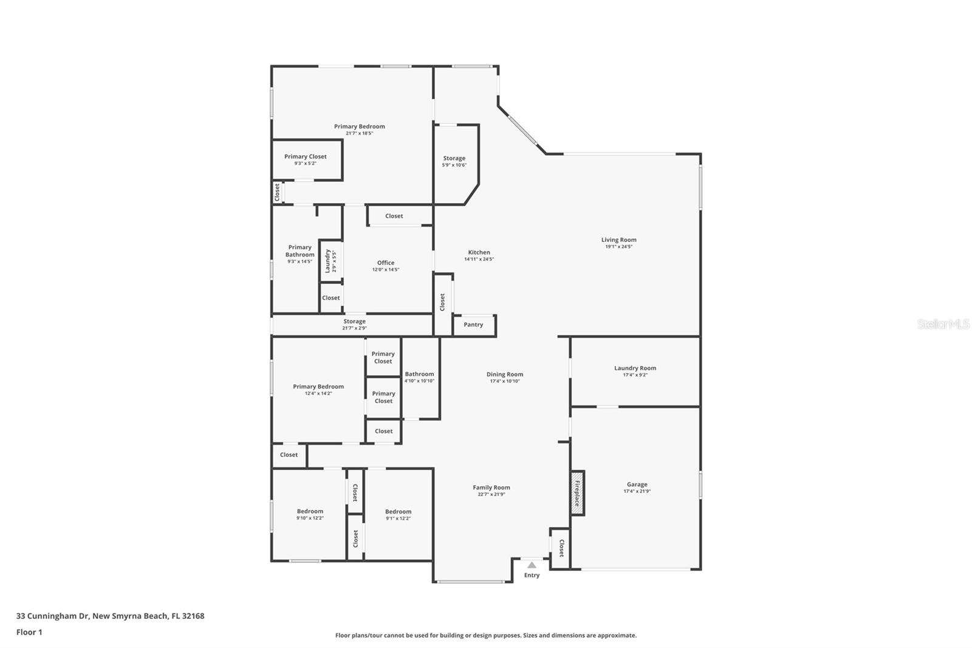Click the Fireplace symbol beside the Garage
coord(577,493)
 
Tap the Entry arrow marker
coord(532,565)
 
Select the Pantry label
coord(473,325)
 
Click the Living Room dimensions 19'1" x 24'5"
coord(618,247)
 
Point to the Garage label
coord(637,484)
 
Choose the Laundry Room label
coord(635,368)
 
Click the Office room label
coord(386,263)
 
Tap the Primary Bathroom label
coord(299,251)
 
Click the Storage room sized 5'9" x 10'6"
coord(454,161)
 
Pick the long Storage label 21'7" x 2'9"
coord(354,325)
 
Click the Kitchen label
coord(479,252)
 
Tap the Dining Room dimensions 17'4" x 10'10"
coord(505,381)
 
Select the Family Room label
coord(491,488)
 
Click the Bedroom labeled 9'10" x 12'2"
coord(310,514)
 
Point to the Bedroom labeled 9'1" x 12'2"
coord(398,514)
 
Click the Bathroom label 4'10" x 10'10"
coord(419,377)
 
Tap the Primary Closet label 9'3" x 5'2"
coord(306,159)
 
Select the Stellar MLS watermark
coord(943,324)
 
